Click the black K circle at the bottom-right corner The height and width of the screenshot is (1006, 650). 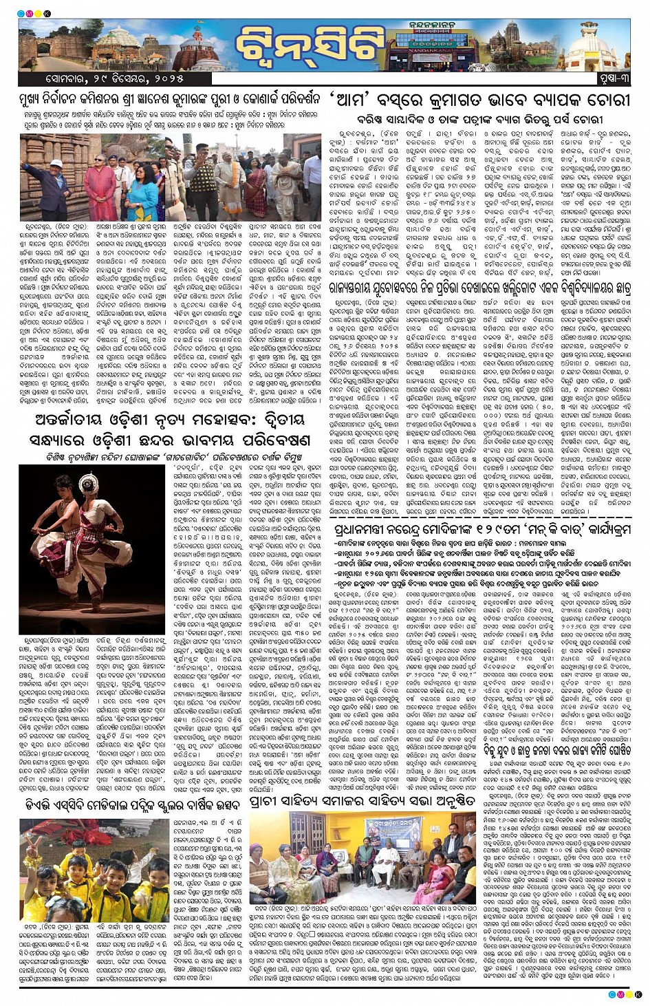pyautogui.click(x=638, y=994)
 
